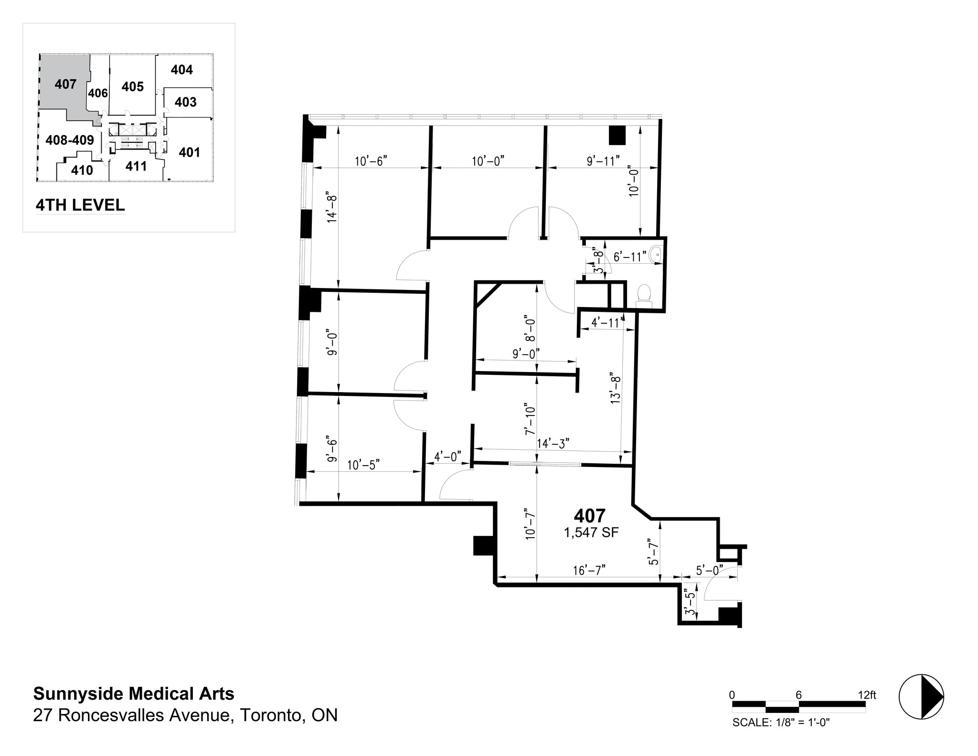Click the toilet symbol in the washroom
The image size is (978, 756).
[644, 295]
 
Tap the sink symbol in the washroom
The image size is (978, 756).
[657, 255]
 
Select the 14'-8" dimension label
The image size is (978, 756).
[332, 209]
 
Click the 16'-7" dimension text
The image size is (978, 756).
[589, 570]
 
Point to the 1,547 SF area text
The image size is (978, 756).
[591, 532]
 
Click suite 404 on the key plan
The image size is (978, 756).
[181, 70]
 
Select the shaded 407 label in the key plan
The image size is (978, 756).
[65, 84]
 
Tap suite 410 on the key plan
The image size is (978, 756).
[82, 170]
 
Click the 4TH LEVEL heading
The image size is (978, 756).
[80, 205]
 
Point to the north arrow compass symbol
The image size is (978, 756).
[921, 696]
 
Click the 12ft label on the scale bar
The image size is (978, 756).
[866, 695]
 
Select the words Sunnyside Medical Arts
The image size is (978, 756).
[134, 693]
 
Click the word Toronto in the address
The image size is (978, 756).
[272, 715]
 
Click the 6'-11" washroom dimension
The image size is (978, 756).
[630, 257]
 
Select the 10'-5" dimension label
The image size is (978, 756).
[363, 465]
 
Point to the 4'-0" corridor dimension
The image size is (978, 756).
[447, 457]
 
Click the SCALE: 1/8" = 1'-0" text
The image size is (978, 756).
[781, 722]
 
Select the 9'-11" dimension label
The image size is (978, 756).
[603, 161]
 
